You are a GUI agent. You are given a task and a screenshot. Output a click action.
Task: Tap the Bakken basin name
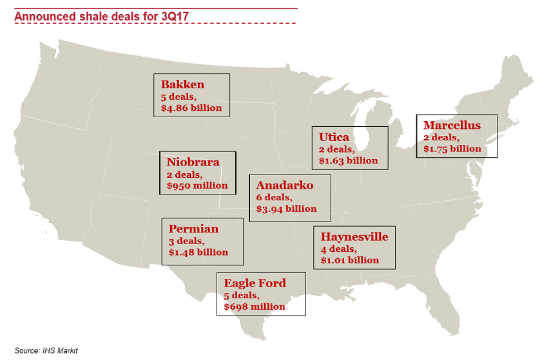click(x=182, y=84)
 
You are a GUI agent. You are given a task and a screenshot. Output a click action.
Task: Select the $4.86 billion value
click(x=191, y=108)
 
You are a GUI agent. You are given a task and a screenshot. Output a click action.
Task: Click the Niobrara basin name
click(x=193, y=162)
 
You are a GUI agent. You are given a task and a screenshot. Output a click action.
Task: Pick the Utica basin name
click(x=334, y=137)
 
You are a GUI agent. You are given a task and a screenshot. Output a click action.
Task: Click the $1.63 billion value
click(x=348, y=160)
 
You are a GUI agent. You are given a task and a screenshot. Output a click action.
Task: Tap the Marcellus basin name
click(x=452, y=125)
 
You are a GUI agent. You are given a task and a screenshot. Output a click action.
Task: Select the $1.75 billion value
click(x=452, y=148)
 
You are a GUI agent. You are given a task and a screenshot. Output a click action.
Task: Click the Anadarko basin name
click(x=285, y=185)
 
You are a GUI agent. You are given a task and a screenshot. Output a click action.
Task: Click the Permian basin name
click(x=193, y=229)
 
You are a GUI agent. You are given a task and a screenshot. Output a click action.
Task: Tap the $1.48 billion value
click(x=198, y=252)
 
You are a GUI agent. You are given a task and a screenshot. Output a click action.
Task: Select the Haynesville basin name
click(x=354, y=237)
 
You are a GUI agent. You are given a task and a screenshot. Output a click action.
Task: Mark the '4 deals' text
click(x=338, y=249)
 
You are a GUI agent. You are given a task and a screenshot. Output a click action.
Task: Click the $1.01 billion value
click(x=350, y=260)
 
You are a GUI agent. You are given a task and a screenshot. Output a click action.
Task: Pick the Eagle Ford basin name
click(x=255, y=283)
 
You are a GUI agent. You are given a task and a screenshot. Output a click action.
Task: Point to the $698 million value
click(x=255, y=307)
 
